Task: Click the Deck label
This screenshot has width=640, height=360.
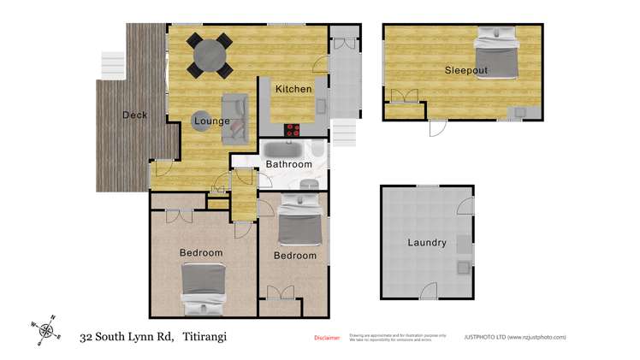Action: click(x=134, y=115)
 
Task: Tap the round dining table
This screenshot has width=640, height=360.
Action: click(x=210, y=56)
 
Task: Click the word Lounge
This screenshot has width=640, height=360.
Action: click(x=211, y=121)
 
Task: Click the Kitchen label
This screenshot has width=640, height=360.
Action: click(x=293, y=89)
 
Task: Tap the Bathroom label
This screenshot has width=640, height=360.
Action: click(x=288, y=164)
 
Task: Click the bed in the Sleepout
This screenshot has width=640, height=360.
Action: click(x=498, y=53)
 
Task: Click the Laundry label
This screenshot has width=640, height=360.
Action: click(x=427, y=243)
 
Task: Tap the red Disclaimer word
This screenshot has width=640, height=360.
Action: click(x=327, y=338)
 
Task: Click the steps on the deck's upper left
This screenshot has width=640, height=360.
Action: click(x=113, y=64)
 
